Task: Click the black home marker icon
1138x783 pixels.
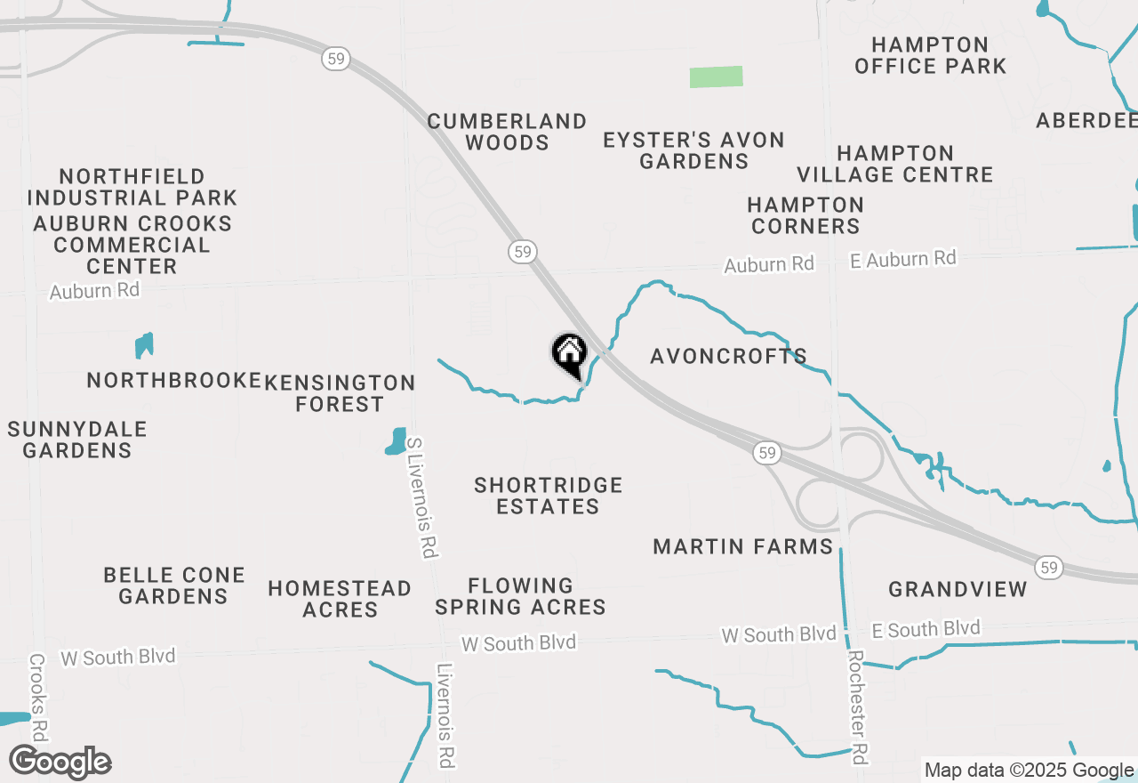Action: tap(569, 354)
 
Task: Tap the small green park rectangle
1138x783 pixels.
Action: tap(716, 77)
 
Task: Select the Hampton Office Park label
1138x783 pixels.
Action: tap(930, 55)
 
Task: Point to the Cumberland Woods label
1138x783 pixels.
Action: tap(507, 132)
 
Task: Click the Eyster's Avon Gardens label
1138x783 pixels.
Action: tap(693, 150)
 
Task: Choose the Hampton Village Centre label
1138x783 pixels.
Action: tap(894, 164)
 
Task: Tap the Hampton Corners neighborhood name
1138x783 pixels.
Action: tap(805, 215)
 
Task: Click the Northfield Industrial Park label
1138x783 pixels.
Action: tap(132, 187)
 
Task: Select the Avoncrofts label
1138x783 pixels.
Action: tap(728, 356)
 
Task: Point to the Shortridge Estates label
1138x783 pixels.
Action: tap(548, 496)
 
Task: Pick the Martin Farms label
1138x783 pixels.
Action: tap(742, 546)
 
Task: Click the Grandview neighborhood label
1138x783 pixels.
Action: tap(958, 589)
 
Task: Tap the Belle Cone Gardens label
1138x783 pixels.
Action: tap(174, 585)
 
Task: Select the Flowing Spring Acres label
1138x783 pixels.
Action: tap(520, 596)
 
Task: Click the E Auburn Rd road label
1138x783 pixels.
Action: tap(902, 259)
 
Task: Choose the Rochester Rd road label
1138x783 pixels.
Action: tap(857, 706)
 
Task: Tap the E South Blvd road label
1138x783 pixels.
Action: tap(926, 629)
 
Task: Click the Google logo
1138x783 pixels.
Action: tap(60, 763)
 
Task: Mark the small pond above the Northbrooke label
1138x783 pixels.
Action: tap(144, 345)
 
